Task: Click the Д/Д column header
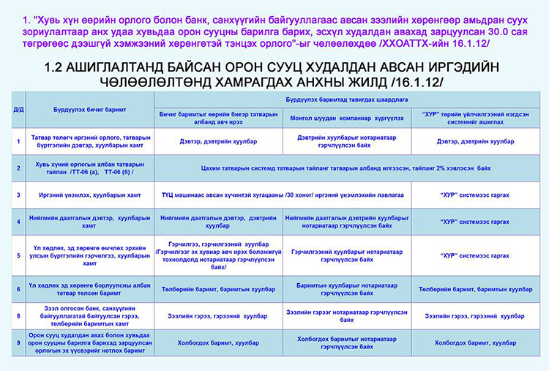pyautogui.click(x=18, y=109)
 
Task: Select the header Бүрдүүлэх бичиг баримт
pyautogui.click(x=82, y=109)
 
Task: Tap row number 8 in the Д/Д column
pyautogui.click(x=18, y=315)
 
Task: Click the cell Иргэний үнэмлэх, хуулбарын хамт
pyautogui.click(x=82, y=195)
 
